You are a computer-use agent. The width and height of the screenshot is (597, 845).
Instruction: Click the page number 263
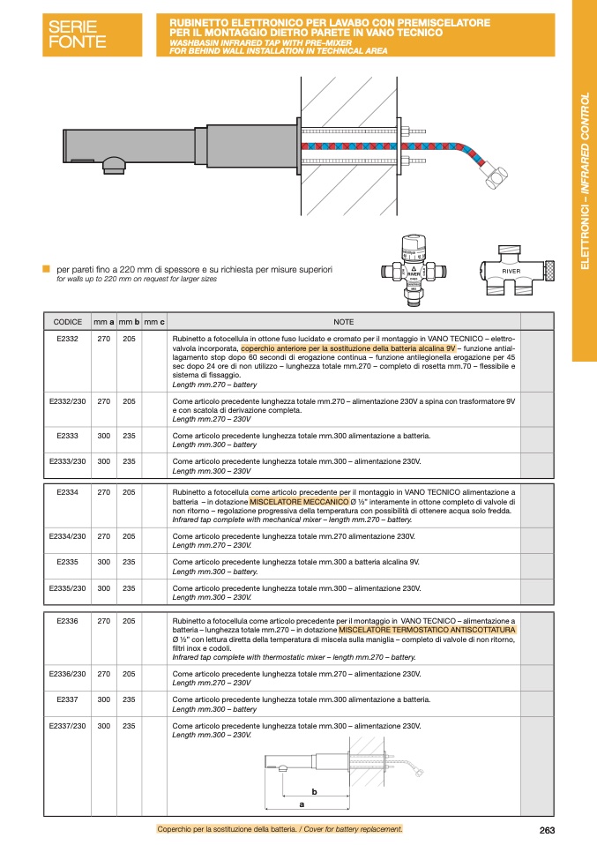[547, 829]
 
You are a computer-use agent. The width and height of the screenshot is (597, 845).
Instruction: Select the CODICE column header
[68, 322]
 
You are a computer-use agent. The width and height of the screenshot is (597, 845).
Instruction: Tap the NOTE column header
[343, 322]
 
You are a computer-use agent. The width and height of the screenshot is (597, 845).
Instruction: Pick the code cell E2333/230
[68, 461]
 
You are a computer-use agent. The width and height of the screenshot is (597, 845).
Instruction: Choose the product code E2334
[68, 492]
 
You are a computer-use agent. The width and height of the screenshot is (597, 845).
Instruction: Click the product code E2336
[68, 621]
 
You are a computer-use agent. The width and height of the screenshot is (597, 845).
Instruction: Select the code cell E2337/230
[68, 725]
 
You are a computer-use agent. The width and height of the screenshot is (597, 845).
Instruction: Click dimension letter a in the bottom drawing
[302, 804]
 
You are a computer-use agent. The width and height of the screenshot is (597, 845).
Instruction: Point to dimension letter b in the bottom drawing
[313, 791]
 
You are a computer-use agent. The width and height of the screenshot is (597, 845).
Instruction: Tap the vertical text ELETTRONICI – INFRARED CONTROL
[585, 181]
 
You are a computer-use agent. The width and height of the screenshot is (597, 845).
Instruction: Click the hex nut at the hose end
[494, 180]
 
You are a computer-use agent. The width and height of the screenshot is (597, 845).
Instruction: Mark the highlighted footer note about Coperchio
[280, 829]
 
